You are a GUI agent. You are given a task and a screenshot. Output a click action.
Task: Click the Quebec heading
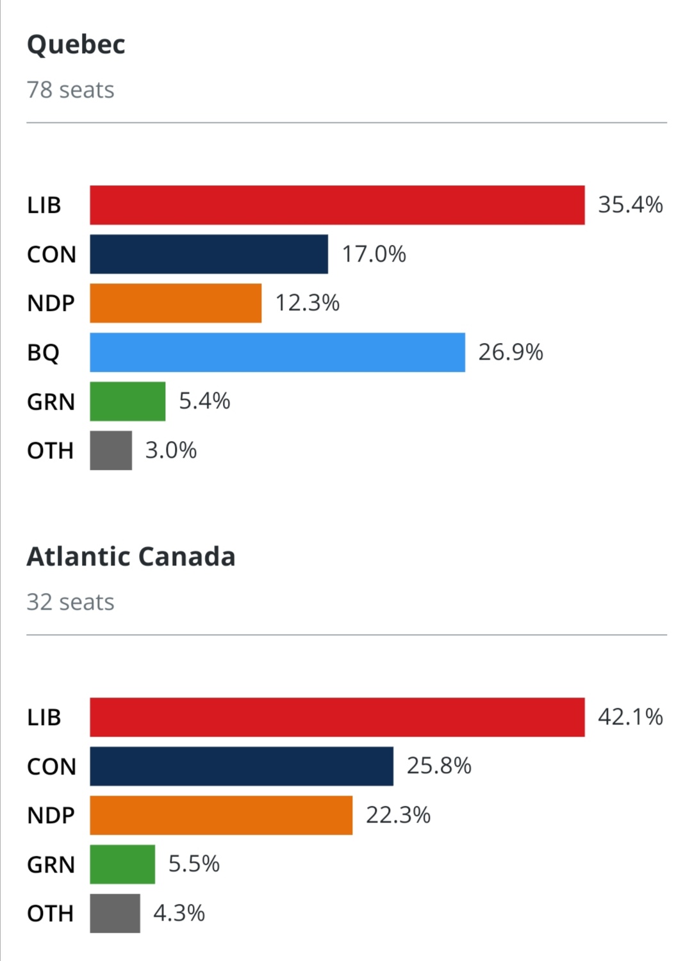(76, 45)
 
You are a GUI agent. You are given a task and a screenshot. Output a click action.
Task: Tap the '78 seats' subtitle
(70, 90)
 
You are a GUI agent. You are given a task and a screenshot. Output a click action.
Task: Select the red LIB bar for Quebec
(337, 205)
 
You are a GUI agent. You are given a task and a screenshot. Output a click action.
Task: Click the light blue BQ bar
(277, 352)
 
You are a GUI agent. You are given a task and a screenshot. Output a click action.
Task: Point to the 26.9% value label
(510, 352)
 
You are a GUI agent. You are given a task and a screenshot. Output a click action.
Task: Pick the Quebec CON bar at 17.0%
(209, 254)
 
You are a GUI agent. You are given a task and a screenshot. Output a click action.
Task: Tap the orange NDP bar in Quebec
(176, 303)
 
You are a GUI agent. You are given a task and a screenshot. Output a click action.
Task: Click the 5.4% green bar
(128, 401)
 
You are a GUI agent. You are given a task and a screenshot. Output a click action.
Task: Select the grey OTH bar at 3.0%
(111, 451)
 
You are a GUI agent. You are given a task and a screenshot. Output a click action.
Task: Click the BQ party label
(44, 353)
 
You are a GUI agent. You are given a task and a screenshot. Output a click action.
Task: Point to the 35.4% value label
(630, 205)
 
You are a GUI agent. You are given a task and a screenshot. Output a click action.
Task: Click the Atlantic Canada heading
(131, 556)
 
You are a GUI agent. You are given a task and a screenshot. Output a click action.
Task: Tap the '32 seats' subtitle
(70, 603)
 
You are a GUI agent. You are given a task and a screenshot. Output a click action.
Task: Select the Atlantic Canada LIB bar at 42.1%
(337, 717)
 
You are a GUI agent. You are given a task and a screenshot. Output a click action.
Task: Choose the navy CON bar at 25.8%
(242, 766)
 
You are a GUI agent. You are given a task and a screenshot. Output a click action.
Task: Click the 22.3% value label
(398, 815)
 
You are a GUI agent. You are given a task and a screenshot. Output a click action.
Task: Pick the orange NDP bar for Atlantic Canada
(221, 815)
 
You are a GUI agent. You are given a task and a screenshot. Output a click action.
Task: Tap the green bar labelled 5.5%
(122, 864)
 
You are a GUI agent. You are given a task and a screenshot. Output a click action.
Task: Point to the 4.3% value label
(179, 913)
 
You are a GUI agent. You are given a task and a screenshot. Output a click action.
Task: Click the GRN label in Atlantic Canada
(51, 865)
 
